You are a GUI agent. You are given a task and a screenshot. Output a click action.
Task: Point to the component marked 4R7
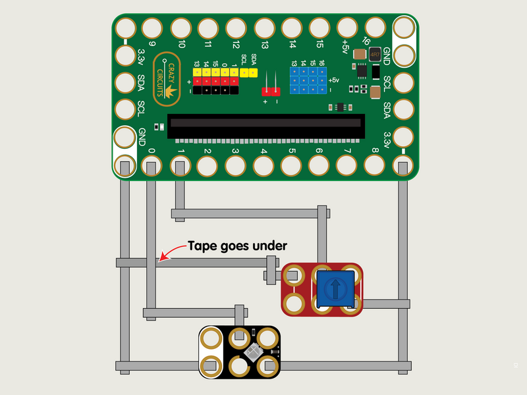coord(375,54)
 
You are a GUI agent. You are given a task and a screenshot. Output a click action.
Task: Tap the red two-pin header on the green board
coord(270,91)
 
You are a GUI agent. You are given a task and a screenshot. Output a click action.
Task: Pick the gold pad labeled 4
coord(263,165)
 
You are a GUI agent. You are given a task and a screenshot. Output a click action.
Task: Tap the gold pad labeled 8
coord(374,165)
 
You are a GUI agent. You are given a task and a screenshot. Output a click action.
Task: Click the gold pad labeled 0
coord(152,165)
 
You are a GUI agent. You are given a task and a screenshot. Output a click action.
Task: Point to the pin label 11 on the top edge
coord(209,44)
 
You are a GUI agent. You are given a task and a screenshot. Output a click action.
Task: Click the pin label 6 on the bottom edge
coord(319,152)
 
